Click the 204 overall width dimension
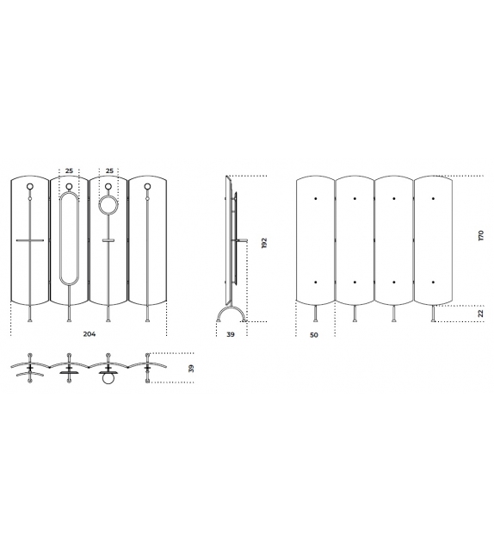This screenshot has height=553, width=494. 89,333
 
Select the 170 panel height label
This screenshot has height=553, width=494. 481,235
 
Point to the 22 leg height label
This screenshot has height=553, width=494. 481,314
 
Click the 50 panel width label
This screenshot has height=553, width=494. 314,333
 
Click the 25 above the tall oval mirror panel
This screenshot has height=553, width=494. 70,171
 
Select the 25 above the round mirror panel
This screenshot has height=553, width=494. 108,171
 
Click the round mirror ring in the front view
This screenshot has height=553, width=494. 108,205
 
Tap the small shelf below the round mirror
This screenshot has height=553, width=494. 108,240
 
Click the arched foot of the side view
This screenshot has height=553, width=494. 232,311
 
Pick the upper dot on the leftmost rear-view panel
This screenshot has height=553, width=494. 315,199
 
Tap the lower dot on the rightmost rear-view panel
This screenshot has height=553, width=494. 433,282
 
